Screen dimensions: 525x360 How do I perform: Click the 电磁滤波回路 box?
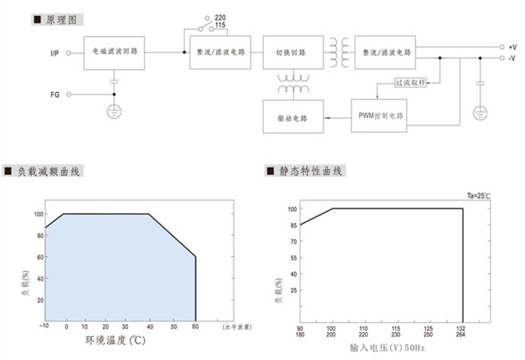coord(114,53)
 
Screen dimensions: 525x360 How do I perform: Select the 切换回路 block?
coord(293,52)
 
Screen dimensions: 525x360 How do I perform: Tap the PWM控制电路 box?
coord(379,115)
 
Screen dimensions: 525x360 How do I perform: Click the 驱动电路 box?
coord(293,117)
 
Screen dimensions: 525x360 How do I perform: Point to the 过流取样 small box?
coord(411,83)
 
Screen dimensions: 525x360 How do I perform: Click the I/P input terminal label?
coord(55,53)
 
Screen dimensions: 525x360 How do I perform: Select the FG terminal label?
coord(55,95)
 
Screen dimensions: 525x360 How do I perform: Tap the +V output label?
coord(512,47)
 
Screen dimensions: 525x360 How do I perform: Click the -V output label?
coord(512,58)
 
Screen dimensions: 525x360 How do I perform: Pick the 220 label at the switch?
coord(220,17)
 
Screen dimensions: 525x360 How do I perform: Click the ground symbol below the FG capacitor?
coord(114,111)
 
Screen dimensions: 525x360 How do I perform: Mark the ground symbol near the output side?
coord(480,113)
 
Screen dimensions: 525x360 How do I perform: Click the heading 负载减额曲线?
coord(48,171)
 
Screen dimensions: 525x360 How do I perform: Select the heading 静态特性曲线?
coord(311,171)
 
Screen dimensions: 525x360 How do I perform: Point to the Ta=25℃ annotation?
coord(479,196)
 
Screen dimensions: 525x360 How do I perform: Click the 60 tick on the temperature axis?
coord(195,327)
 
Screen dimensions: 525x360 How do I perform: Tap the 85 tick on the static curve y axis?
coord(294,225)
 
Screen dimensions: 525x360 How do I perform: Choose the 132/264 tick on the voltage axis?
coord(461,331)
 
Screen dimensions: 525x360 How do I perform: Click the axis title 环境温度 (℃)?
coord(115,340)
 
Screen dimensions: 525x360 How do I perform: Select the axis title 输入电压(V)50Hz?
coord(387,348)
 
